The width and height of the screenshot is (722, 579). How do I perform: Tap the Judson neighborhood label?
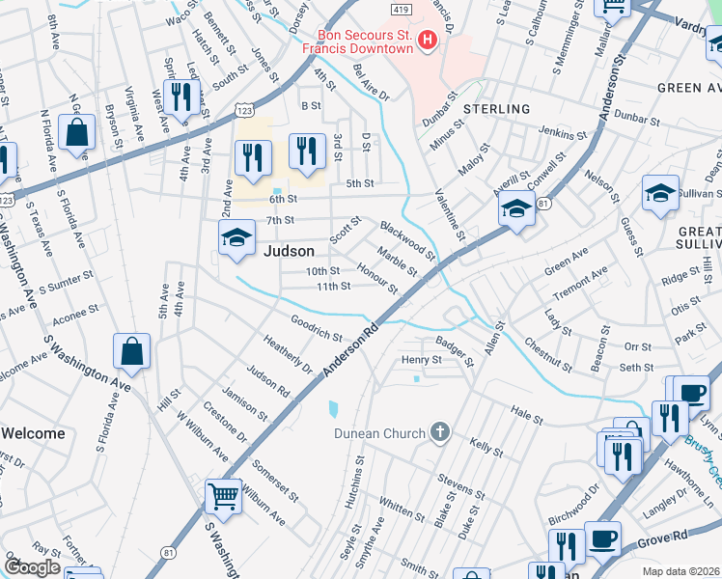pyautogui.click(x=289, y=250)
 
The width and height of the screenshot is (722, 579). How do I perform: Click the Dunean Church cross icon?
pyautogui.click(x=440, y=431)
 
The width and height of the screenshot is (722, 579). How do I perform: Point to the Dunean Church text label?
pyautogui.click(x=379, y=433)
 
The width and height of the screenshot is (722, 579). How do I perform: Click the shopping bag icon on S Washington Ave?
pyautogui.click(x=131, y=351)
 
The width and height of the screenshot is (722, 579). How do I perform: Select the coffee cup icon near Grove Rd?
pyautogui.click(x=602, y=538)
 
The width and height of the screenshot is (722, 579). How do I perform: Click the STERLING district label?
pyautogui.click(x=496, y=109)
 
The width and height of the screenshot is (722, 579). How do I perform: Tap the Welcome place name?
pyautogui.click(x=33, y=433)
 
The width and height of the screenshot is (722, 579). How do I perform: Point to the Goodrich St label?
pyautogui.click(x=317, y=327)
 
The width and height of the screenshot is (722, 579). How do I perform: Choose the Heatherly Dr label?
pyautogui.click(x=289, y=354)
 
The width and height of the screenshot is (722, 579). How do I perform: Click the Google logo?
pyautogui.click(x=33, y=567)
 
